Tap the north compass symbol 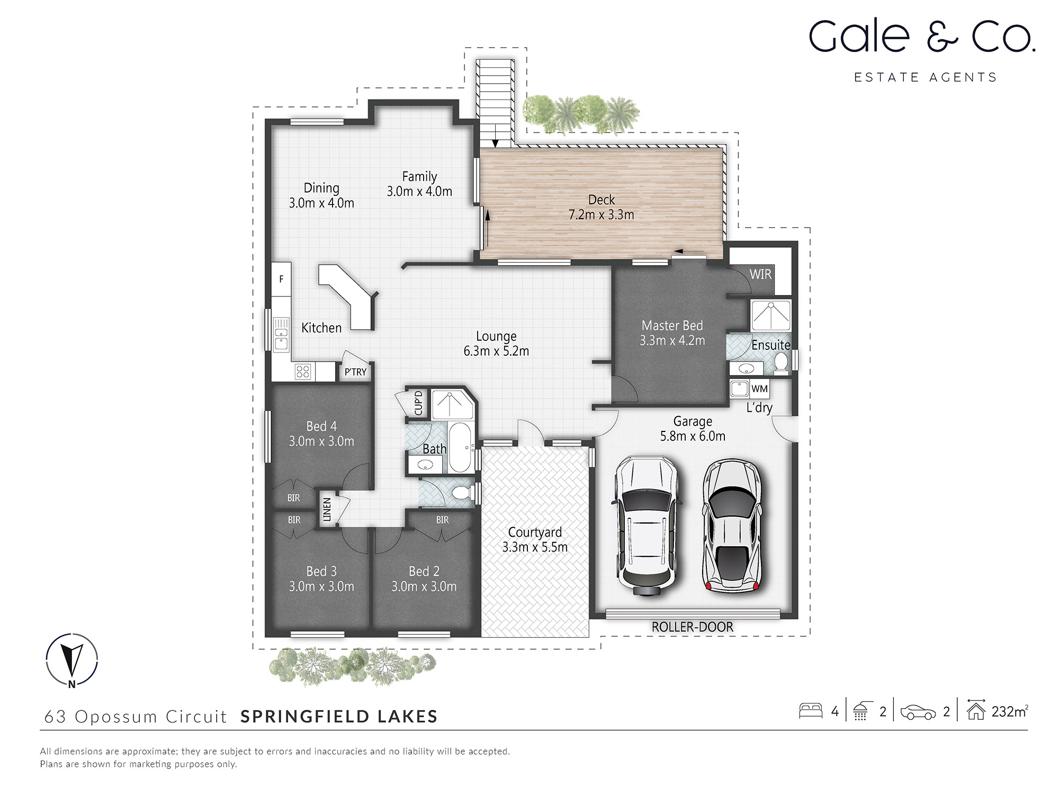click(x=72, y=659)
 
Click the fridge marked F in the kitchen click(x=281, y=279)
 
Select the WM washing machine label click(x=759, y=389)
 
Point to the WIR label click(x=760, y=274)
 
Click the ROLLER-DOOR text click(x=692, y=627)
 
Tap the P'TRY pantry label click(x=355, y=372)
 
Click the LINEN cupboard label click(x=327, y=509)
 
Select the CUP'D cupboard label click(x=418, y=403)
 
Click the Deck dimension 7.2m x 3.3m click(x=601, y=215)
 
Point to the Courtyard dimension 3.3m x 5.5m click(x=535, y=547)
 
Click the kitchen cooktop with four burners click(x=303, y=372)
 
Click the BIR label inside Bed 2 click(x=442, y=520)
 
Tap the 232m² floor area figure click(x=1009, y=711)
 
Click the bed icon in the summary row click(x=810, y=710)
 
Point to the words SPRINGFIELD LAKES click(x=339, y=716)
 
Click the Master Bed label click(x=672, y=326)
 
